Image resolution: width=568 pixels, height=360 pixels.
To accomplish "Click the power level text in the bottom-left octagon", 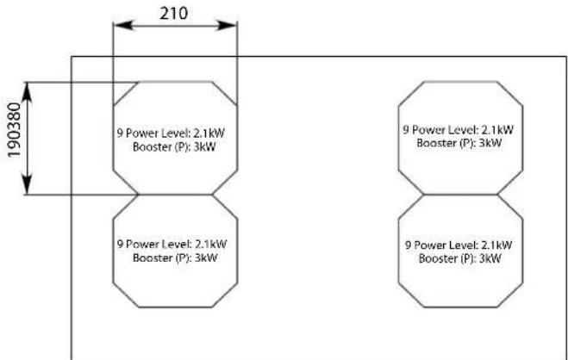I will pos(175,244).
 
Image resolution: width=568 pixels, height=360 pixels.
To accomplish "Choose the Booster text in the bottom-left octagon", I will pos(175,257).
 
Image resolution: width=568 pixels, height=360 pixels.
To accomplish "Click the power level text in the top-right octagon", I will pos(459,130).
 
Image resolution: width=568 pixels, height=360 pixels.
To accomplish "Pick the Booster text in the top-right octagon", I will pos(459,142).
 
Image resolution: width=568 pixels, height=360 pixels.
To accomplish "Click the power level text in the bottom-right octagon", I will pos(459,244).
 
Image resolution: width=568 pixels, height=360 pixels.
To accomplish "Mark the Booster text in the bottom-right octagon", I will pos(459,257).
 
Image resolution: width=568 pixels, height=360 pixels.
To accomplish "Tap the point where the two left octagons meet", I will pos(175,195).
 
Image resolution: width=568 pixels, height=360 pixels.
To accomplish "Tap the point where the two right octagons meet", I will pos(459,195).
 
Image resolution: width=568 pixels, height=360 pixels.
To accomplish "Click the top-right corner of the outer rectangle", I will pos(565,56).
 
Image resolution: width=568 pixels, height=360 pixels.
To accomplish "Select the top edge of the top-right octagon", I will pos(459,82).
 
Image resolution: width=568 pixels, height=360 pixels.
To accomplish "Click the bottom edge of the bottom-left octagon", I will pos(175,307).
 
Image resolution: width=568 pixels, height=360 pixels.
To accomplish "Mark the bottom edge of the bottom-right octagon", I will pos(459,307).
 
